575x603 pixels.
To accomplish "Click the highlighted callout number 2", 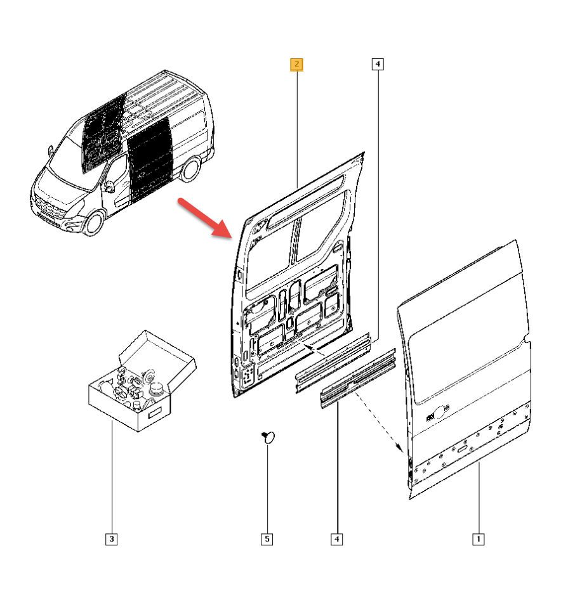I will tap(296, 64).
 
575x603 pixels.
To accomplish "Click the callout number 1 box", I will tap(478, 539).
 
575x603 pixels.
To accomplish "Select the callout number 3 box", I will tap(112, 539).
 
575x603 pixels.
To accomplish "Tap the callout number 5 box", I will tap(267, 539).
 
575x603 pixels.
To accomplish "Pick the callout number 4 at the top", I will tap(377, 64).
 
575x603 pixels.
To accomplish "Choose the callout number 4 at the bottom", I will tap(337, 539).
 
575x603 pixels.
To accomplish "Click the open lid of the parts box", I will tap(159, 352).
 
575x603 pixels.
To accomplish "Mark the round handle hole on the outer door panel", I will tap(440, 413).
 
